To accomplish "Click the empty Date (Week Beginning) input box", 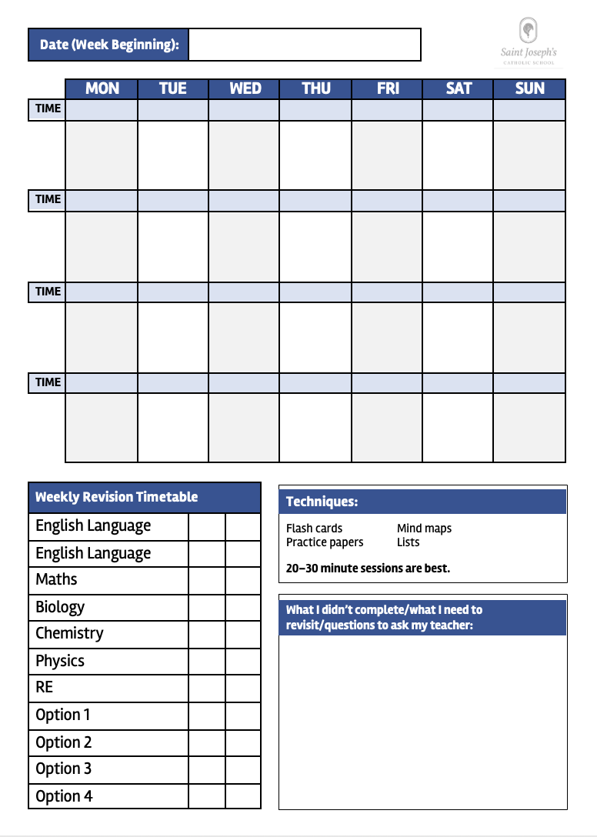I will (304, 45).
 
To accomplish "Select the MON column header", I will (102, 88).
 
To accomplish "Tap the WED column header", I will (245, 88).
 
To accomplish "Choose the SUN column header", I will (529, 88).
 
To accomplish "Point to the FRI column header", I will (388, 88).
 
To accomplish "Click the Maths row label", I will (56, 579).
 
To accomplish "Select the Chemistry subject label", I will (69, 633).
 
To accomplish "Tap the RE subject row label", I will (45, 687).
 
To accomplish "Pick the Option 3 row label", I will (63, 769).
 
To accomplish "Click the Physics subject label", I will (60, 661).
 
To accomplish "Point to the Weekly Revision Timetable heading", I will (116, 497).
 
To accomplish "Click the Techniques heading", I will (322, 502).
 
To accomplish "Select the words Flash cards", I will (314, 529).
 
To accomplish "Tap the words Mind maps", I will (424, 529).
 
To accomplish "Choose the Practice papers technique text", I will (324, 542).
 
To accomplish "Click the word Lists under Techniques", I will (408, 542).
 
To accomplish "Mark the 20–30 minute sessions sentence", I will (368, 569).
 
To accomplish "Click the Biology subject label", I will (60, 607).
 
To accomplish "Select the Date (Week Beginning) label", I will (108, 45).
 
